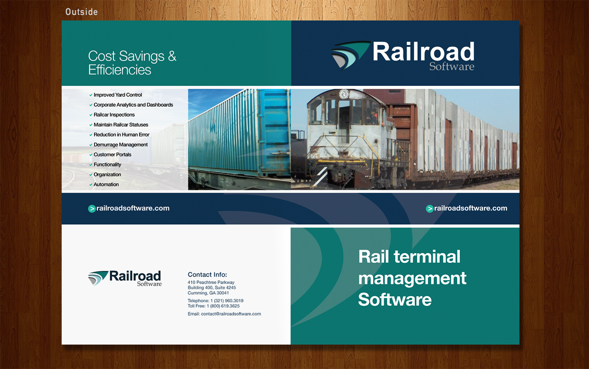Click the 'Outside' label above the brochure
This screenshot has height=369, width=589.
click(82, 12)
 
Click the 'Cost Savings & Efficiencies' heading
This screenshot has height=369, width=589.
click(132, 63)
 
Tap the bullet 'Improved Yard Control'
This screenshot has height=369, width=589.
click(117, 95)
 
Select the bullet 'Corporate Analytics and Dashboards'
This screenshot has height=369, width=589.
click(133, 105)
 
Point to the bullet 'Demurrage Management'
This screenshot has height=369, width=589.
click(121, 145)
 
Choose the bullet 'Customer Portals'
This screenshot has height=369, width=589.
click(112, 155)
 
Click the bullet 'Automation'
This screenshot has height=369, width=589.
click(106, 184)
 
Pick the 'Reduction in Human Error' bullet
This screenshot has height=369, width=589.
click(121, 135)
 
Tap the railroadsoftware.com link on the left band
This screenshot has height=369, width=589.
click(133, 208)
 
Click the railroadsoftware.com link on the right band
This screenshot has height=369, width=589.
click(470, 208)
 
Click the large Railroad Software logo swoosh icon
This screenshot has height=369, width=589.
click(349, 55)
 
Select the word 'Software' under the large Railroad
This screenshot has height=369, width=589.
click(452, 66)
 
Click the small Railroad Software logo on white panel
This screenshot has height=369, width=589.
click(125, 278)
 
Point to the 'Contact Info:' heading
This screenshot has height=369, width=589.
click(207, 275)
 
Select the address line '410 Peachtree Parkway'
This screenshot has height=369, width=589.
click(211, 282)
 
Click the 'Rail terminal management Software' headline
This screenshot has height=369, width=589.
click(412, 278)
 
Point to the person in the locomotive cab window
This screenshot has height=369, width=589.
click(373, 115)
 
